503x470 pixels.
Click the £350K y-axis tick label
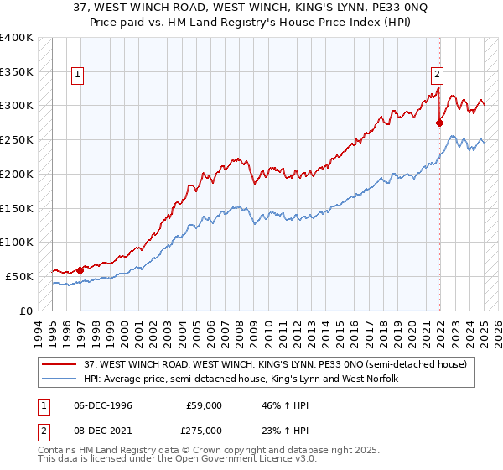pyautogui.click(x=17, y=72)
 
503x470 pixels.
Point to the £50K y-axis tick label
pyautogui.click(x=19, y=276)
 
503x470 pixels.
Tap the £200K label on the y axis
pyautogui.click(x=17, y=175)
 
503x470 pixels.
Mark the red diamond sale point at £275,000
pyautogui.click(x=440, y=123)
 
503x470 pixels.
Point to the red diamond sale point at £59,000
pyautogui.click(x=80, y=270)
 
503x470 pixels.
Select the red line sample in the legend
pyautogui.click(x=60, y=363)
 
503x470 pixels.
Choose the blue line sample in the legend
pyautogui.click(x=60, y=379)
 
